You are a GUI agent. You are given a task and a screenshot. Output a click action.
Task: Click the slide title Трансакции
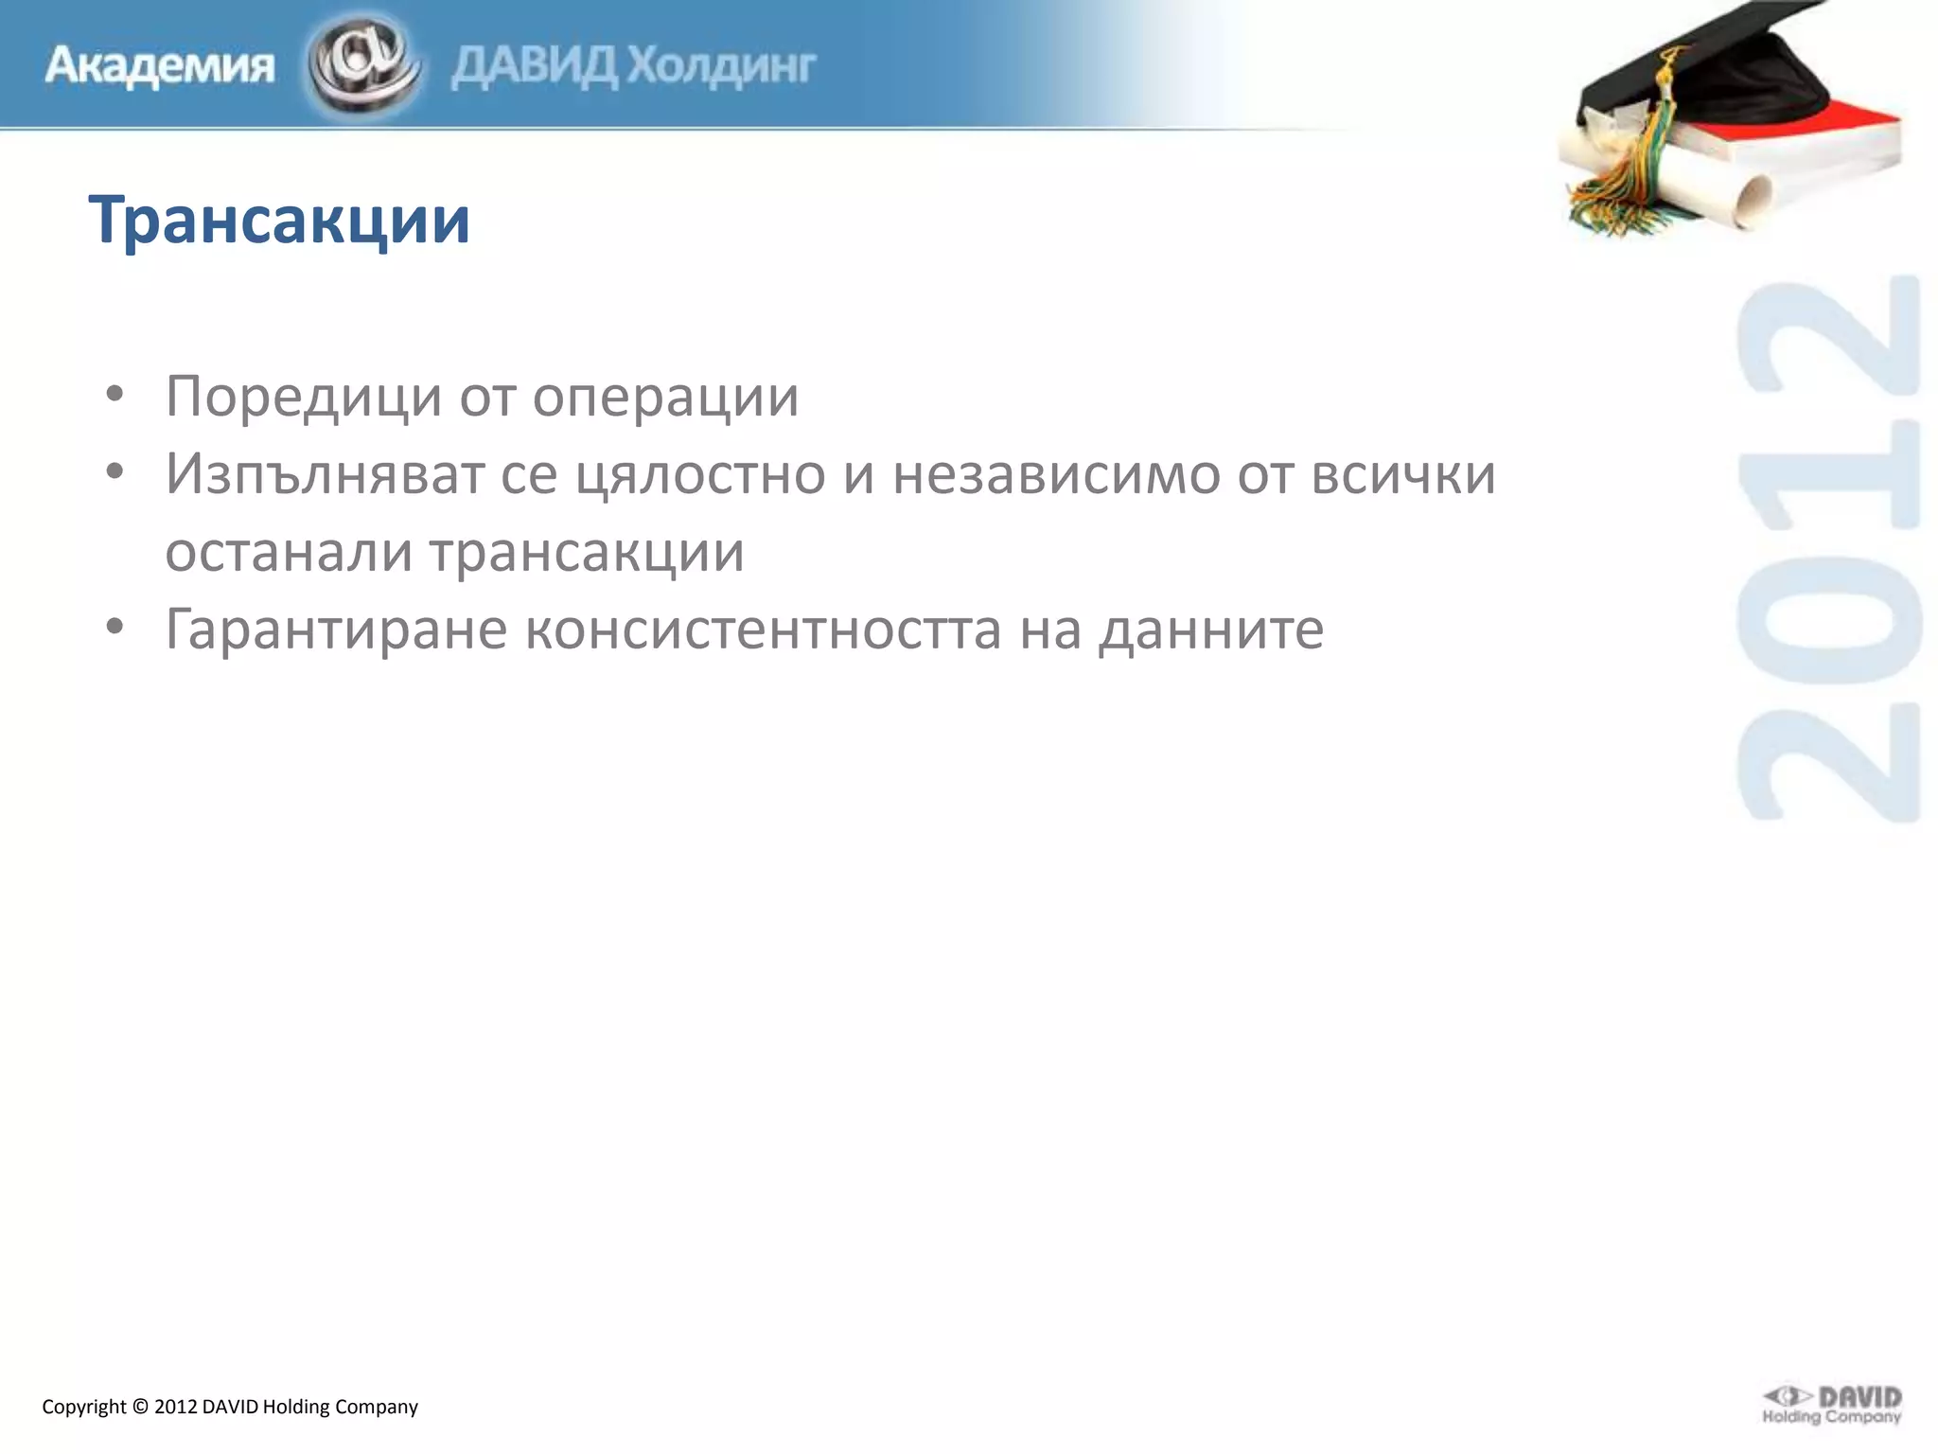(x=279, y=220)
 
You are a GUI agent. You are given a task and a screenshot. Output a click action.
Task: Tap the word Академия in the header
(x=160, y=66)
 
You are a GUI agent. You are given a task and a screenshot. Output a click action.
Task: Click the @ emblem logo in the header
(x=363, y=64)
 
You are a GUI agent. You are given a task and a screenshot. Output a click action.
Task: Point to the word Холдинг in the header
(x=722, y=66)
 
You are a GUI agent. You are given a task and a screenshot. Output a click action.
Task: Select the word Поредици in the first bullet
(x=303, y=396)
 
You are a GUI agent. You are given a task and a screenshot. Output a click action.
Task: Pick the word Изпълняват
(x=325, y=473)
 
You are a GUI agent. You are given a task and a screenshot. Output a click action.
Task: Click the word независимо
(x=1056, y=473)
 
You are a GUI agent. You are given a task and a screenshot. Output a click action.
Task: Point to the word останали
(x=289, y=551)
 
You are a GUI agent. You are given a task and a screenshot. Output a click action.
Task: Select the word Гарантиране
(x=336, y=629)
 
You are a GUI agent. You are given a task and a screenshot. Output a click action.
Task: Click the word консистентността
(x=763, y=629)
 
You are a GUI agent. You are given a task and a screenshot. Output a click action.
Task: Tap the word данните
(x=1210, y=629)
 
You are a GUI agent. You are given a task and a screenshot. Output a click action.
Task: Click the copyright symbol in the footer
(x=140, y=1407)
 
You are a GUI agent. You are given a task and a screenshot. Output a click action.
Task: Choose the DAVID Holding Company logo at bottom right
(x=1831, y=1405)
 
